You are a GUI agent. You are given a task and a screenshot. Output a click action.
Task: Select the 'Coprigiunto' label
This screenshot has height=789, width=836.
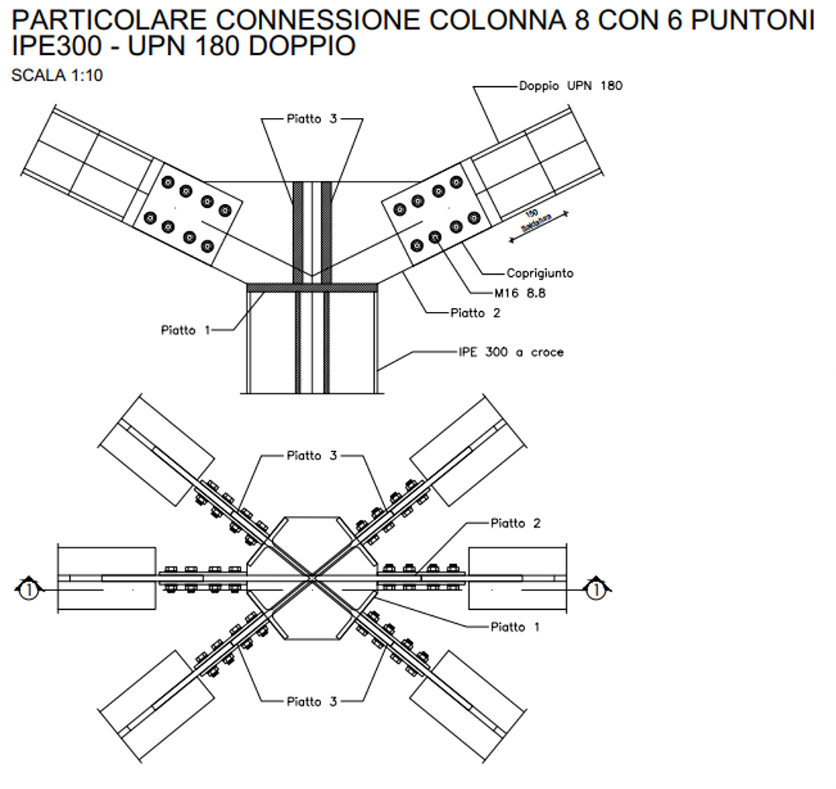(x=540, y=273)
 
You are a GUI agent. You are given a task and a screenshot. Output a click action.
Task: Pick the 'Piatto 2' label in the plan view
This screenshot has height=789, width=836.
(x=516, y=523)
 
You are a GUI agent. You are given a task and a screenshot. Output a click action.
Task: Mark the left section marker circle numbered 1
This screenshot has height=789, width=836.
(x=29, y=590)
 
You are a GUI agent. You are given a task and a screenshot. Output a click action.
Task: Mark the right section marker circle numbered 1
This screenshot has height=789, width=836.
(x=596, y=590)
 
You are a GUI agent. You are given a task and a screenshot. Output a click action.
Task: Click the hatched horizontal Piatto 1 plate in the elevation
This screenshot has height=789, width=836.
(x=312, y=287)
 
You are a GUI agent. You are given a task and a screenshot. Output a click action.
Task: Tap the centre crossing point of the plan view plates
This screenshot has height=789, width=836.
(x=312, y=578)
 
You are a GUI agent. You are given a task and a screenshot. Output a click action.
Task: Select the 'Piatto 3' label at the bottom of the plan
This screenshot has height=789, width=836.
(x=312, y=702)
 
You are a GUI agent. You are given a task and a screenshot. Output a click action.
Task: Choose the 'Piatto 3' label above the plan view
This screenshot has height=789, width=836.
(x=312, y=455)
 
